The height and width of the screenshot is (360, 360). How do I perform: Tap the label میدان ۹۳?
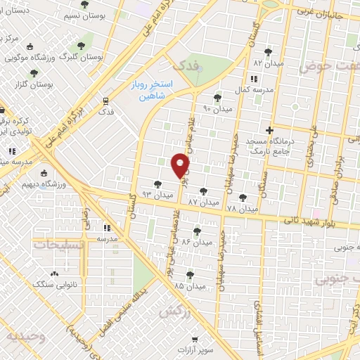(157, 193)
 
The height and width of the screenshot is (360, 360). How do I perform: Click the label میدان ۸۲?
(267, 63)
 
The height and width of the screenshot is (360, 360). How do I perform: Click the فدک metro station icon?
(105, 101)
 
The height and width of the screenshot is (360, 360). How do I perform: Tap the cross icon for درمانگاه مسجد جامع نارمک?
(269, 130)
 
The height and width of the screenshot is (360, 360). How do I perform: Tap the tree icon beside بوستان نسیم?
(85, 4)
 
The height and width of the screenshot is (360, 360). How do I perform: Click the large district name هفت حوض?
(329, 67)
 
